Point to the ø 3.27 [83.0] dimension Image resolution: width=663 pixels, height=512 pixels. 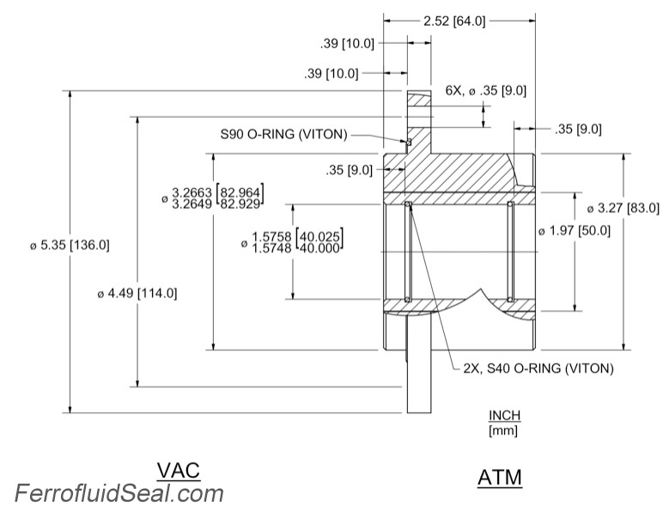click(x=623, y=208)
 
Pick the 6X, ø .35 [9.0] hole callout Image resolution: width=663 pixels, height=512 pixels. click(x=485, y=90)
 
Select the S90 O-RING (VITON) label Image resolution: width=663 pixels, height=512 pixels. click(x=283, y=134)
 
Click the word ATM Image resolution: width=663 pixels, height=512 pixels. click(x=500, y=477)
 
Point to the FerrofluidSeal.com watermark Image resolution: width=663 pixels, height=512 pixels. click(x=119, y=493)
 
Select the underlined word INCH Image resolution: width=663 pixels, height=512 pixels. click(x=504, y=416)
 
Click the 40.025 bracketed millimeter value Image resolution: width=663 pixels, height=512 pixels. click(x=319, y=235)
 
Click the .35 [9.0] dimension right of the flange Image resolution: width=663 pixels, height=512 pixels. click(x=578, y=130)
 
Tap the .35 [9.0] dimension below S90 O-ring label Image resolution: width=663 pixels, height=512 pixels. click(x=350, y=170)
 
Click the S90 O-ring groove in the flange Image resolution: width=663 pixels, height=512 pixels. click(x=410, y=142)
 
